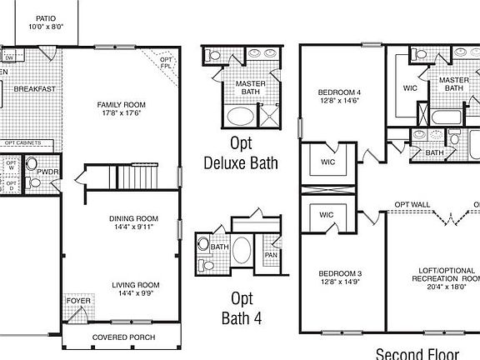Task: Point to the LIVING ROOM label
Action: click(x=136, y=285)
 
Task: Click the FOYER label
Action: click(x=78, y=300)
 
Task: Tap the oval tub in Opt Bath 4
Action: click(x=242, y=250)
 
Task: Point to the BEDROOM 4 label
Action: click(x=339, y=92)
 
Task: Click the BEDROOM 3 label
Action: click(x=339, y=274)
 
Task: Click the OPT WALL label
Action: click(x=412, y=205)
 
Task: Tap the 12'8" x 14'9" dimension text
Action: click(x=339, y=282)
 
